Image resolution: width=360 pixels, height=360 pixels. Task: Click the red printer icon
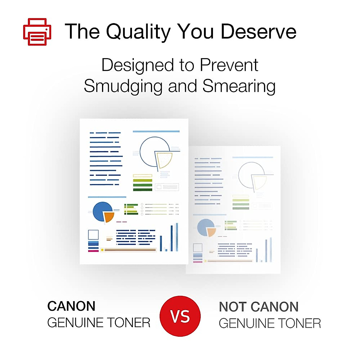(37, 32)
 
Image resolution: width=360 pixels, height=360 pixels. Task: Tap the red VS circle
(180, 316)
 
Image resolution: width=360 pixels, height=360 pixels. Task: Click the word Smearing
(239, 86)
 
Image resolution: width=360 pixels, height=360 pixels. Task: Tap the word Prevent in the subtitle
(229, 65)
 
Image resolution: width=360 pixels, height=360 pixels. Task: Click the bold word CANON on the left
(71, 306)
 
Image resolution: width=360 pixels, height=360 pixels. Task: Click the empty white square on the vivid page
(93, 235)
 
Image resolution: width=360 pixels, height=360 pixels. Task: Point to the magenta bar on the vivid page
(93, 251)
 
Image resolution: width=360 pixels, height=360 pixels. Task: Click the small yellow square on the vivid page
(102, 250)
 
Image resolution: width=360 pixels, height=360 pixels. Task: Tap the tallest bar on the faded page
(271, 250)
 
